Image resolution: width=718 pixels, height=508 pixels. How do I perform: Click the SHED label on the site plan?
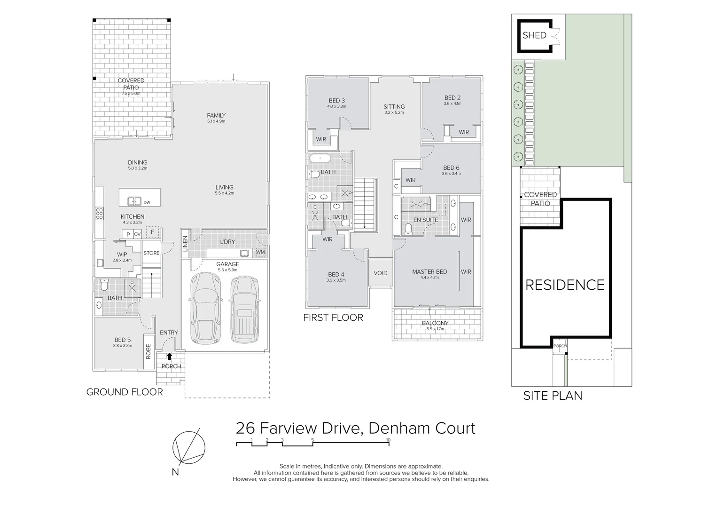click(x=534, y=35)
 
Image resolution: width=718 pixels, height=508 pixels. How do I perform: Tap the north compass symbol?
click(x=188, y=447)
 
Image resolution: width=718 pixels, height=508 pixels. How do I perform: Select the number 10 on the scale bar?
click(x=388, y=440)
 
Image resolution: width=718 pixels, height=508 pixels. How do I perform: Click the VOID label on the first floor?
click(x=381, y=273)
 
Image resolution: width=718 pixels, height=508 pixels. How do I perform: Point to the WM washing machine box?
click(x=261, y=252)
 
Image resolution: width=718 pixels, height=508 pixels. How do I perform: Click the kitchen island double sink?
click(x=134, y=201)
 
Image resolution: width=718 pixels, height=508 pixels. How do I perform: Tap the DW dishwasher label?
click(x=147, y=202)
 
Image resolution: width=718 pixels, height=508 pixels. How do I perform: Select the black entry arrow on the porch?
click(x=169, y=356)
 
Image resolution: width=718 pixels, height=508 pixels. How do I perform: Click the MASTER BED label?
click(x=429, y=272)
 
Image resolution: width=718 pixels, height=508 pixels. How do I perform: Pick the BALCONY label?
click(x=435, y=323)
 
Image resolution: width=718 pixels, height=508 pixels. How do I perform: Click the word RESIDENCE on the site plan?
click(x=565, y=285)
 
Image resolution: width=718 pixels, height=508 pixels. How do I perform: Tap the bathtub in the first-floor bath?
click(x=320, y=159)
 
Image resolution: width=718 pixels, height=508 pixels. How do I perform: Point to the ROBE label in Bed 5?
click(x=148, y=352)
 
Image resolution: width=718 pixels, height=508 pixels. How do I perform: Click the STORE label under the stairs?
click(x=151, y=253)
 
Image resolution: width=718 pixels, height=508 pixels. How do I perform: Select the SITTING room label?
click(x=394, y=107)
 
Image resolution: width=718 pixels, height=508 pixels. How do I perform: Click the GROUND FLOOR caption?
click(x=125, y=392)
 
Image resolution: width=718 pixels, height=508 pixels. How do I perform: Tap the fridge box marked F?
click(x=153, y=232)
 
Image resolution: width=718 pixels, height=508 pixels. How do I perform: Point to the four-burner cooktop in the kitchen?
click(x=99, y=214)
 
